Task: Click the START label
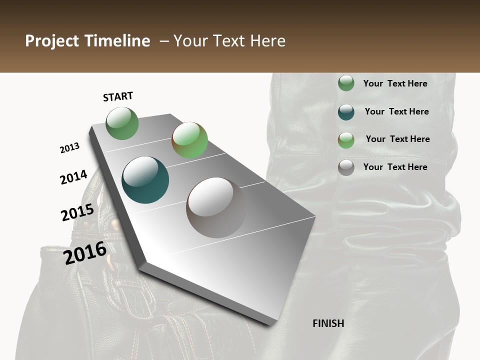click(x=118, y=96)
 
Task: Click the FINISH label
click(x=328, y=323)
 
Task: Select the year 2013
click(x=70, y=148)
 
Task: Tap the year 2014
click(x=73, y=177)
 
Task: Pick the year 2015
click(x=77, y=212)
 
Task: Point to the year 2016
click(x=85, y=252)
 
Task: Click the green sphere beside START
click(x=122, y=123)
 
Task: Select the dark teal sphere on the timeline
click(x=145, y=180)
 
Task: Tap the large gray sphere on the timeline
click(x=216, y=207)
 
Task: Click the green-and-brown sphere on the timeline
click(x=189, y=140)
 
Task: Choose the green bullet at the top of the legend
click(x=346, y=83)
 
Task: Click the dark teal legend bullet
click(x=346, y=112)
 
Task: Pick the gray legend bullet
click(x=346, y=167)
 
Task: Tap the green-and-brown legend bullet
click(x=346, y=139)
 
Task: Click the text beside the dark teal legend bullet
click(x=396, y=111)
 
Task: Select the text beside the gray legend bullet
click(x=395, y=167)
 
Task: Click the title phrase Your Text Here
click(x=229, y=41)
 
